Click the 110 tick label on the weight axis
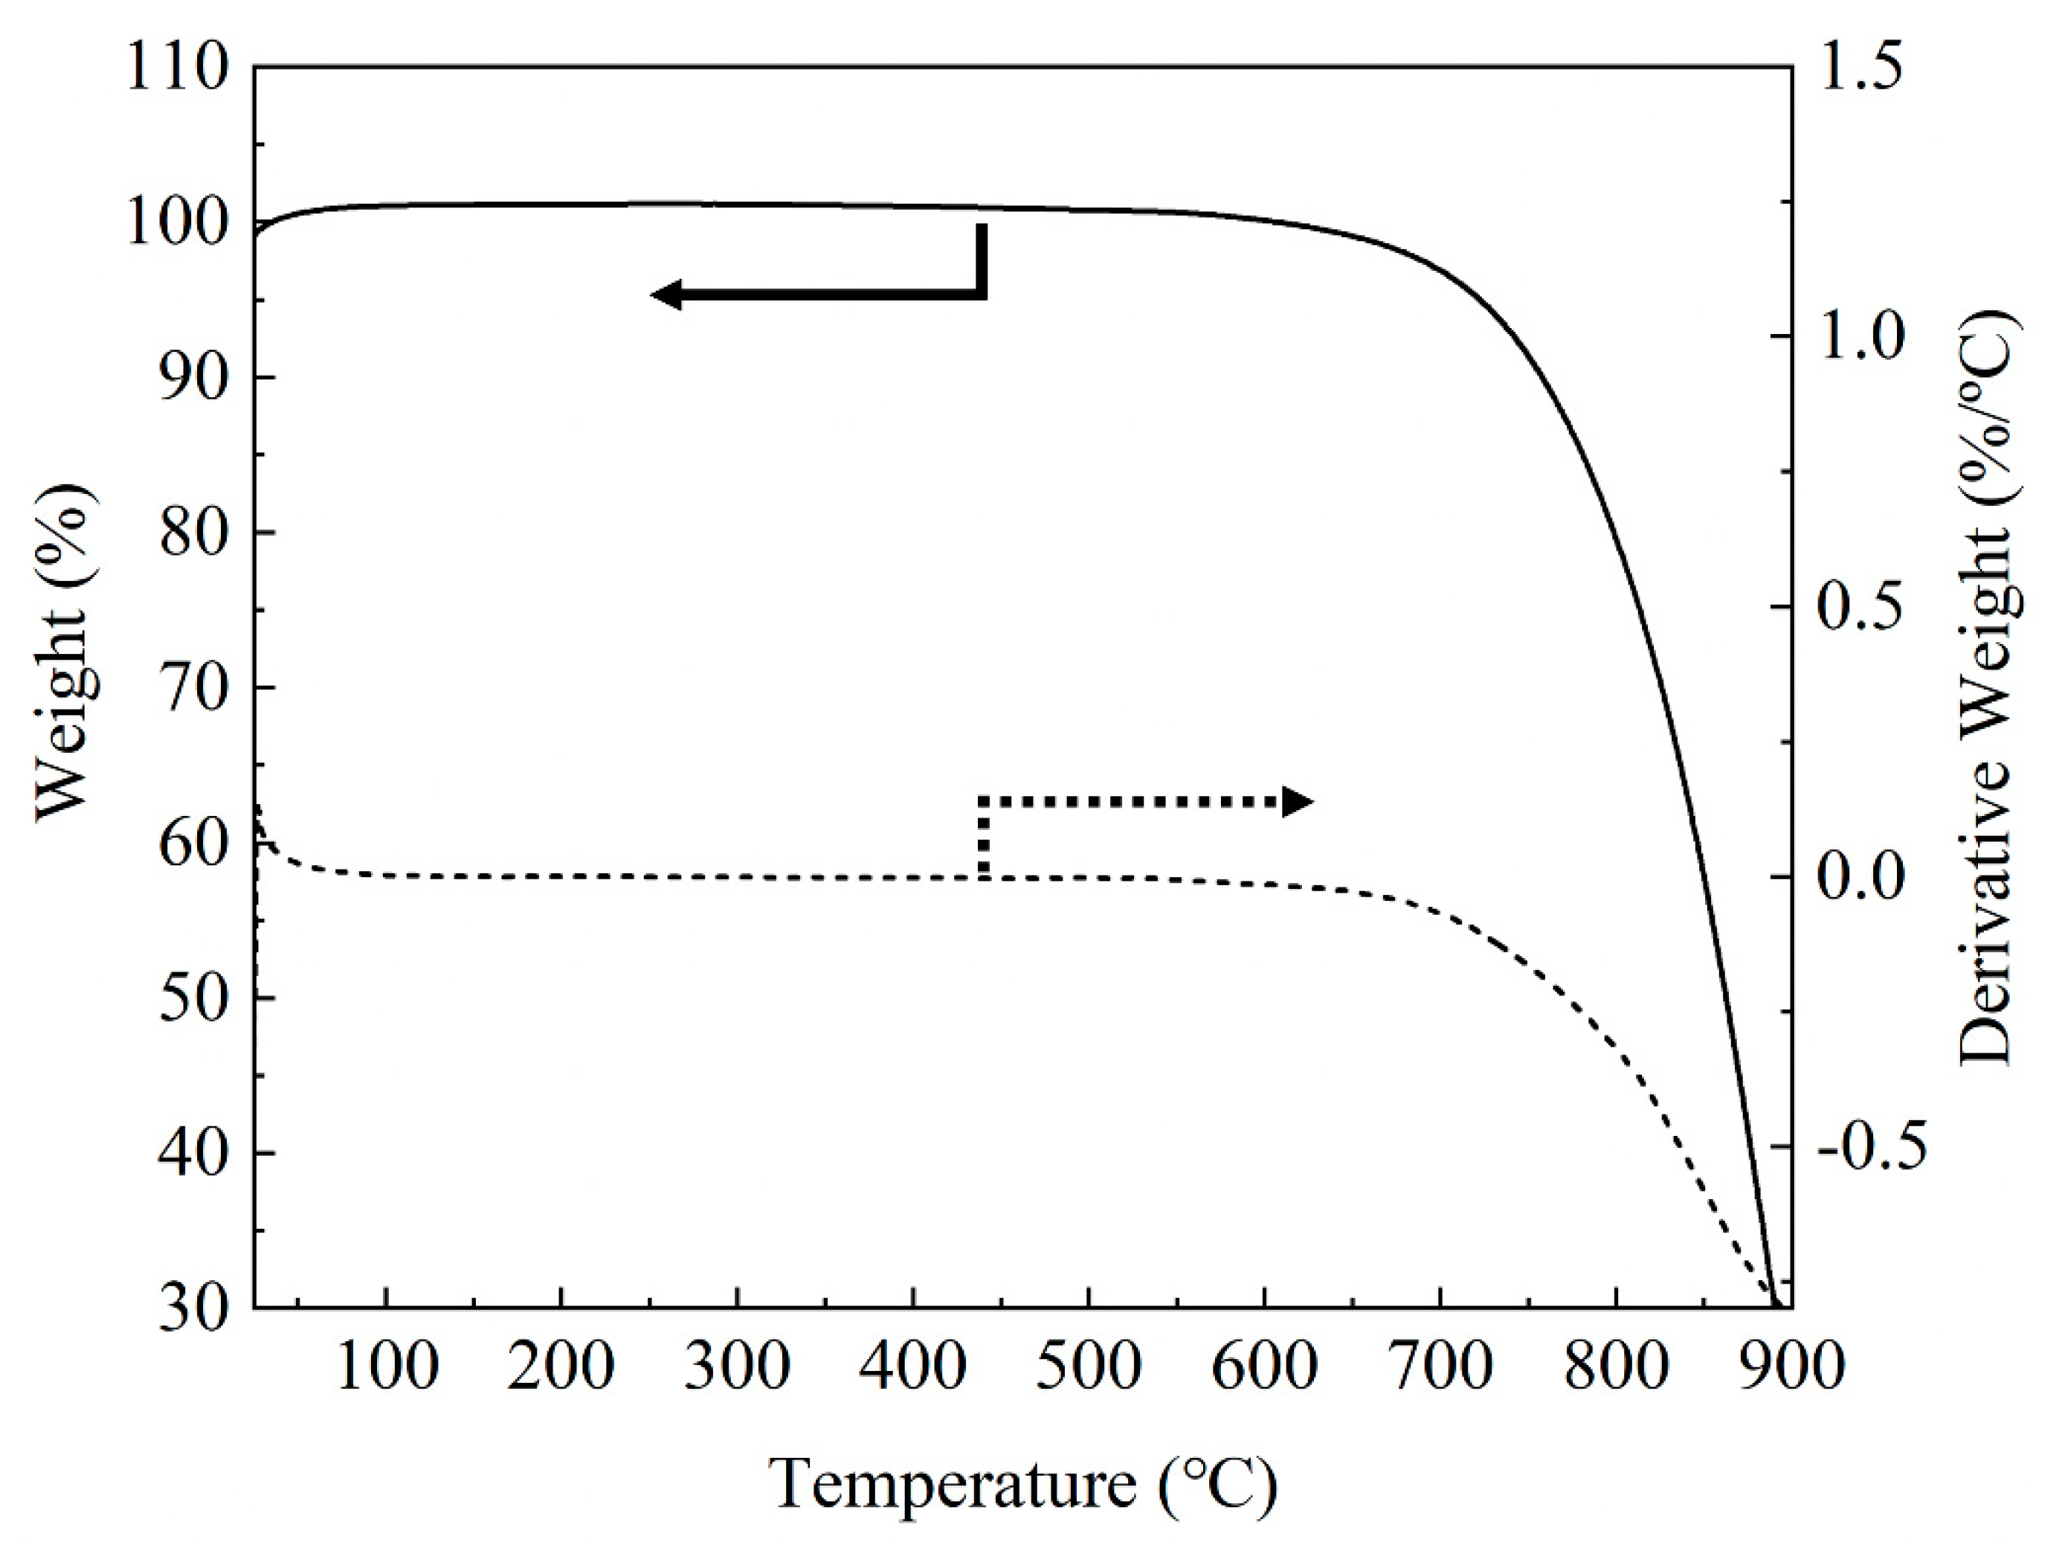[x=176, y=69]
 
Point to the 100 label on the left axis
[x=176, y=224]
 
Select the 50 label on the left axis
[x=194, y=999]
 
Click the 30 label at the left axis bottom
[x=194, y=1308]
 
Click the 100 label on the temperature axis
[x=386, y=1367]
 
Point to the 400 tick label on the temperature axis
[x=912, y=1367]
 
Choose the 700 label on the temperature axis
[x=1440, y=1367]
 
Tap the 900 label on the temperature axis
[x=1791, y=1367]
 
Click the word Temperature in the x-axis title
[x=951, y=1483]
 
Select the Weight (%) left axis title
[x=65, y=653]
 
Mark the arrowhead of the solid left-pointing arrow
[x=666, y=295]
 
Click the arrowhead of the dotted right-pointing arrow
[x=1298, y=801]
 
